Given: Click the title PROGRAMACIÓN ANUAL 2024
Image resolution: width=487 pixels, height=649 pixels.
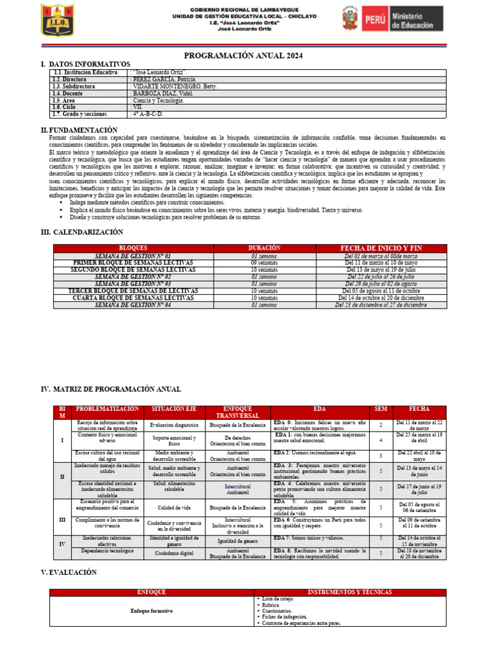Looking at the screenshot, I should pyautogui.click(x=243, y=56).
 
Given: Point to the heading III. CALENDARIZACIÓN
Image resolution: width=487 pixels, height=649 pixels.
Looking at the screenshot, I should pyautogui.click(x=82, y=232).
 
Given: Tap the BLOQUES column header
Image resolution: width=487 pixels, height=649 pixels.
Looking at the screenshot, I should pyautogui.click(x=133, y=248).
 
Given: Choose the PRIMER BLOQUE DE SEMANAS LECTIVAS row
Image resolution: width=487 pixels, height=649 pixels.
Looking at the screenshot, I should pyautogui.click(x=133, y=262).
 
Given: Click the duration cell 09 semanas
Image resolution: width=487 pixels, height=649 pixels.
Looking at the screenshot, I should pyautogui.click(x=264, y=262).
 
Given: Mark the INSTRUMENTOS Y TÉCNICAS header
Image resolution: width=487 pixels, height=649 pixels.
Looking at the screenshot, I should pyautogui.click(x=349, y=592).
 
